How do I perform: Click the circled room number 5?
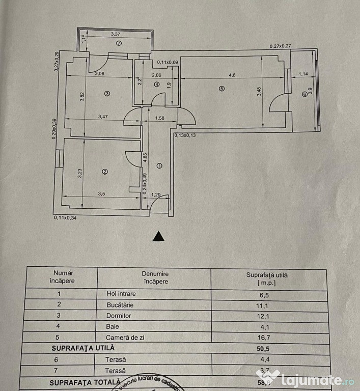(x=220, y=89)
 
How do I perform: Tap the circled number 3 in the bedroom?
(x=107, y=94)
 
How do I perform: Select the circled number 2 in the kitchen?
(x=105, y=172)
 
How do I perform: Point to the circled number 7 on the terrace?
(x=119, y=43)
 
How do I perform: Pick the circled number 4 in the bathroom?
(x=157, y=85)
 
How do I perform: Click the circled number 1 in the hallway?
(x=159, y=165)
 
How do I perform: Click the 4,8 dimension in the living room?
(x=232, y=75)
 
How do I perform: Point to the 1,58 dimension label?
(x=160, y=119)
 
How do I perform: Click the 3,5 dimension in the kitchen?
(x=101, y=194)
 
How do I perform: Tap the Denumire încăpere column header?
(x=155, y=277)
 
